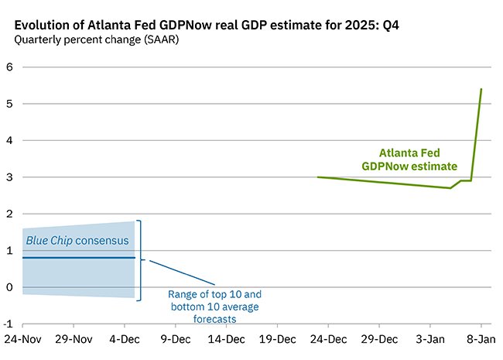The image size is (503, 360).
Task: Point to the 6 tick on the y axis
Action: click(x=9, y=67)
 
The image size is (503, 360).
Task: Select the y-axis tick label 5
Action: click(x=9, y=104)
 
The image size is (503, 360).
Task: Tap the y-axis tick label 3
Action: click(x=9, y=177)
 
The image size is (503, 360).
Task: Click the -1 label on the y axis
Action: click(x=8, y=324)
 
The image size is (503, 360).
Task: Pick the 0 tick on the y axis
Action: click(x=9, y=287)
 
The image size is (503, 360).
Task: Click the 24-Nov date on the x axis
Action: click(x=21, y=339)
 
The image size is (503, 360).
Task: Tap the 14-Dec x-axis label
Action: click(x=226, y=339)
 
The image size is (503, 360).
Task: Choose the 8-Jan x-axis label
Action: click(x=481, y=339)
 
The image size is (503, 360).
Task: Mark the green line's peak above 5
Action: click(x=481, y=89)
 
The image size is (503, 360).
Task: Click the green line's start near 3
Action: click(x=318, y=177)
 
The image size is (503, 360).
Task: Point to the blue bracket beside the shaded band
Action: click(x=140, y=260)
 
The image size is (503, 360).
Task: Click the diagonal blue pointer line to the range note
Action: click(x=182, y=271)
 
